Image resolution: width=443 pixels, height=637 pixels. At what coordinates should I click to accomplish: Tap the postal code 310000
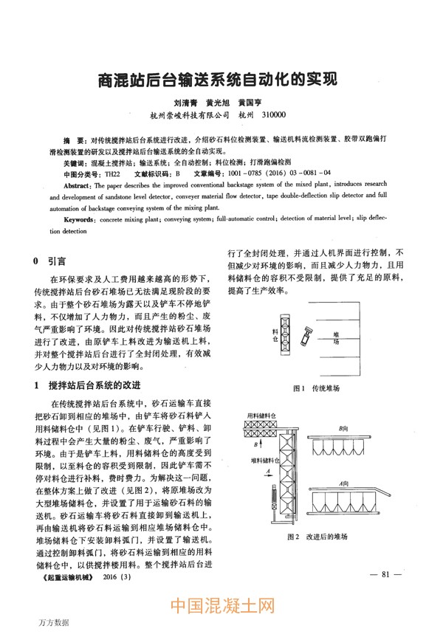pos(274,115)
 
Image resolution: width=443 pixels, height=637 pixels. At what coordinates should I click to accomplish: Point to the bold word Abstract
pos(78,187)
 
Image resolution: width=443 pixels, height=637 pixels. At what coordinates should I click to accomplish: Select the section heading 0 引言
pos(49,261)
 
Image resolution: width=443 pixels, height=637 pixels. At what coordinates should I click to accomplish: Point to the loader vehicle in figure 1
pos(306,339)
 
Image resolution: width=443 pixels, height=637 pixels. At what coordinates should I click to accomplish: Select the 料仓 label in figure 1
pos(275,336)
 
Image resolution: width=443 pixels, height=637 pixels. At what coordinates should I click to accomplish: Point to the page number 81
pos(386,574)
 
